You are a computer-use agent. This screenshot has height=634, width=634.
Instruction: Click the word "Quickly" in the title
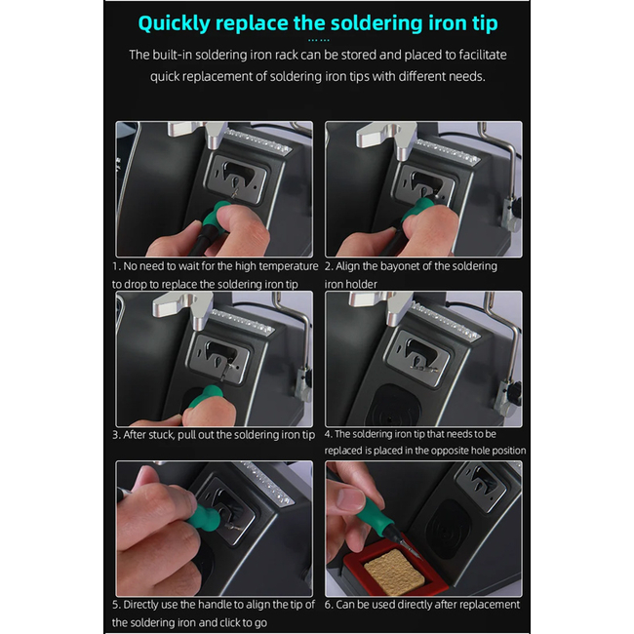(x=174, y=23)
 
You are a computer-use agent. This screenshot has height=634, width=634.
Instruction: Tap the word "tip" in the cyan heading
(x=485, y=23)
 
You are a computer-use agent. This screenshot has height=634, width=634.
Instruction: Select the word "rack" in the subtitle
(x=283, y=55)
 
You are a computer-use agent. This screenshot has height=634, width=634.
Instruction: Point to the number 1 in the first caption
(x=115, y=266)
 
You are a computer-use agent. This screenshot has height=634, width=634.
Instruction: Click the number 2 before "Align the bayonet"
(x=328, y=266)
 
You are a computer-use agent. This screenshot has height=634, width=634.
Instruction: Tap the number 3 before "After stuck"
(x=116, y=435)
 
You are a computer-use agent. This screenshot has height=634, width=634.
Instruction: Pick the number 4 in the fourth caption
(x=328, y=434)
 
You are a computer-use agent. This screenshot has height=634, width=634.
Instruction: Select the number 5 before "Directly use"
(x=116, y=605)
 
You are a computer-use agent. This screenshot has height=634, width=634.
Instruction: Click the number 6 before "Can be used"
(x=328, y=605)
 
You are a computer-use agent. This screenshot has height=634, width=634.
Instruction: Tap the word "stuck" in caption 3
(x=161, y=435)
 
